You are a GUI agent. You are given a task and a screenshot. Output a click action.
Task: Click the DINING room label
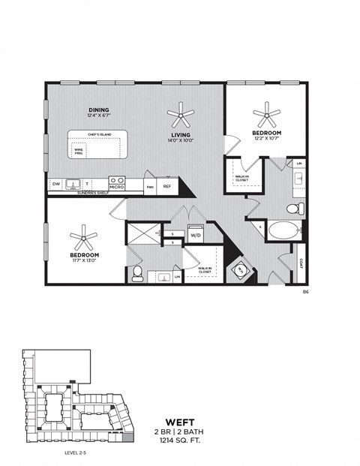[x=98, y=110]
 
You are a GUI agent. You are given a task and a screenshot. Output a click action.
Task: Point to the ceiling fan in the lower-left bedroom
[x=83, y=239]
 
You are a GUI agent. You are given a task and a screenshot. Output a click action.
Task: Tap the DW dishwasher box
[x=56, y=184]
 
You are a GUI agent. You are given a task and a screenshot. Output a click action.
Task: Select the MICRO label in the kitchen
[x=116, y=187]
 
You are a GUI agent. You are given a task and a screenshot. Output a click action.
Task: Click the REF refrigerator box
[x=167, y=187]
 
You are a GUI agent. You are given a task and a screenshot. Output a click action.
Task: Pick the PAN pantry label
[x=150, y=187]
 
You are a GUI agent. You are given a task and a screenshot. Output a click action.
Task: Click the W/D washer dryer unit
[x=196, y=233]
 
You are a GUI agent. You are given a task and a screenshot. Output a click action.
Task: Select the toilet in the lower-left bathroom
[x=137, y=274]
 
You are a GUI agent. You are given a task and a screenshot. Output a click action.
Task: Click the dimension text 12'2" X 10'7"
[x=266, y=139]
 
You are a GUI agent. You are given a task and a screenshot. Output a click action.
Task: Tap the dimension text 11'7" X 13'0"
[x=83, y=260]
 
